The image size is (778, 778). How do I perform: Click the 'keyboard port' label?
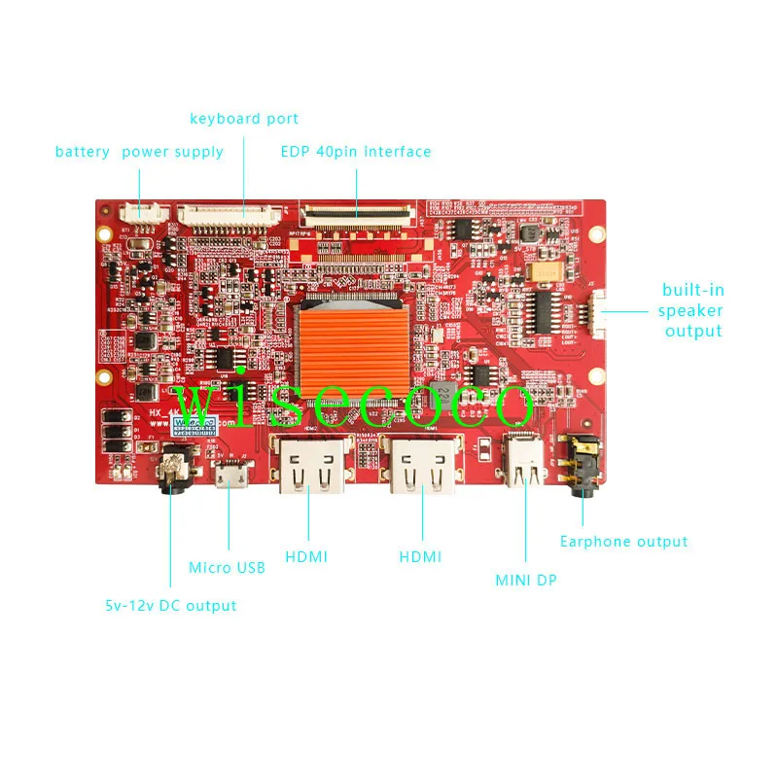(244, 119)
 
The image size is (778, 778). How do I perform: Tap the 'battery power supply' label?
(139, 152)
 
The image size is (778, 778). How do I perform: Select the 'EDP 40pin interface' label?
(356, 152)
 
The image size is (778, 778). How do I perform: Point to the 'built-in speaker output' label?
(691, 310)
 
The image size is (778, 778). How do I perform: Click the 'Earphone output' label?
(623, 542)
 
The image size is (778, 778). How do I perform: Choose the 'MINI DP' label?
(526, 581)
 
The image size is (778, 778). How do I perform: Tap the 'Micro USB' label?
(227, 567)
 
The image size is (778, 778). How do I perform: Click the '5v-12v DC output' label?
(171, 605)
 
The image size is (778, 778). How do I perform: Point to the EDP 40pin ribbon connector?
(356, 210)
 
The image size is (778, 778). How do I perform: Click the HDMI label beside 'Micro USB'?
(306, 556)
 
